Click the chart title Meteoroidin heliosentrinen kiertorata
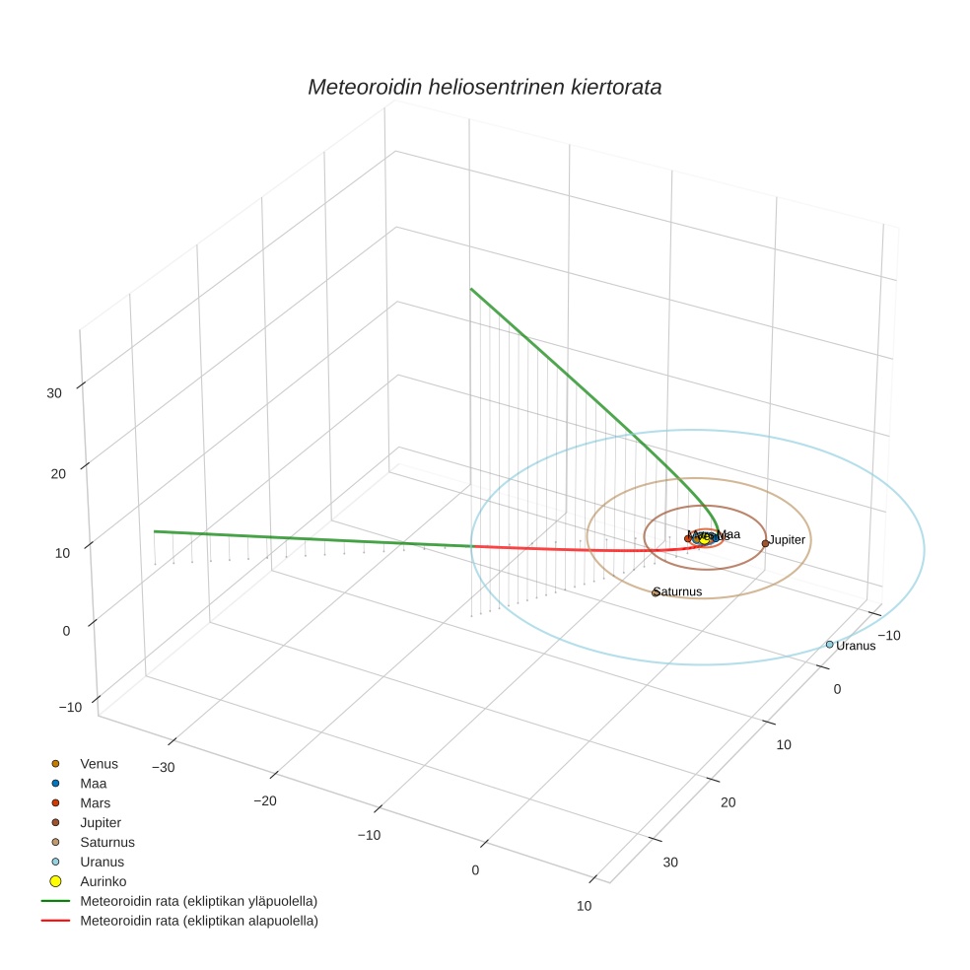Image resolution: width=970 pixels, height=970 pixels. pos(484,87)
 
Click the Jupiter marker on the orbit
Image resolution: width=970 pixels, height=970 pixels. pos(765,543)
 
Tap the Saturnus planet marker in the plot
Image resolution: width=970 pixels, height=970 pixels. pos(656,592)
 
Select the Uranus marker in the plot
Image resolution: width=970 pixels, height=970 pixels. pos(829,645)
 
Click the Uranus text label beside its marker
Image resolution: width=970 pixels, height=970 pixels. pos(856,646)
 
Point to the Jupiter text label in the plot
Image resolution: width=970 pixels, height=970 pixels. pos(788,540)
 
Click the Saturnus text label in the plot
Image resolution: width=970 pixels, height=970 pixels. pos(679,591)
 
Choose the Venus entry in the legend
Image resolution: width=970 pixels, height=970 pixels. pos(99,763)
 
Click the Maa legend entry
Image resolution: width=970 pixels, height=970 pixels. pos(94,783)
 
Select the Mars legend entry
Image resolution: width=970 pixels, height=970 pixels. pos(95,802)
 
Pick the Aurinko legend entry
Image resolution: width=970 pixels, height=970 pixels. pos(103,881)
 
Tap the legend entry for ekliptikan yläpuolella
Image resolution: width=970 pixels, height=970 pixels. pos(198,901)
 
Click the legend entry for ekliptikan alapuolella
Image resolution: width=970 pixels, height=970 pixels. pos(198,921)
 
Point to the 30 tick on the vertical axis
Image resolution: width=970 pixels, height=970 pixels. pos(54,392)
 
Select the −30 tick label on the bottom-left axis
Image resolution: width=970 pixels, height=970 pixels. pos(164,767)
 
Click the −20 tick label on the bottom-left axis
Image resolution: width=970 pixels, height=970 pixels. pos(265,800)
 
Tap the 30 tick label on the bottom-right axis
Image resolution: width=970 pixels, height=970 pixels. pos(670,863)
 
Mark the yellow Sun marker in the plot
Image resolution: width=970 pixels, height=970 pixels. pos(704,539)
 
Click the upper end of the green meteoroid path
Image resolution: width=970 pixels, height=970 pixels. pos(471,289)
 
